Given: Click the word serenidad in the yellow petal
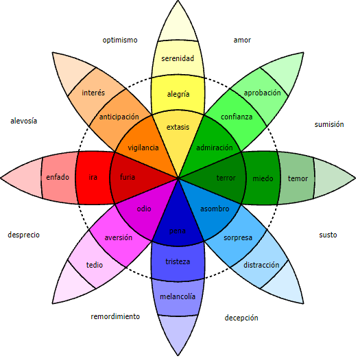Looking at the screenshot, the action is (x=178, y=58).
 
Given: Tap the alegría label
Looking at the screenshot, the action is (x=178, y=94).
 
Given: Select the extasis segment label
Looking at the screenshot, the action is (x=178, y=127).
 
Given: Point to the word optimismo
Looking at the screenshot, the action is (x=120, y=40).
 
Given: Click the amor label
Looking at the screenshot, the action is (x=242, y=40).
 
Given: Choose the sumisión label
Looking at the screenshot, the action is (x=329, y=124).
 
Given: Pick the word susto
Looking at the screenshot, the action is (x=328, y=235).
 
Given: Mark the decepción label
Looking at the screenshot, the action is (x=241, y=318).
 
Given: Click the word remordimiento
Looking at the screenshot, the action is (x=115, y=316).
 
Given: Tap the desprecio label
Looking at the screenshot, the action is (x=23, y=235).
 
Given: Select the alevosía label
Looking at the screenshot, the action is (x=23, y=121).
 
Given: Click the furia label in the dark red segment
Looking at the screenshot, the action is (x=128, y=177).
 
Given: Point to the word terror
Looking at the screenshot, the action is (x=226, y=178).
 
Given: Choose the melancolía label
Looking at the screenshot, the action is (x=178, y=296).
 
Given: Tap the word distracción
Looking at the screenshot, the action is (x=261, y=265).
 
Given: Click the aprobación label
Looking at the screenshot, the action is (x=262, y=93).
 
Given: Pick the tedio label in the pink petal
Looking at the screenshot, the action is (x=95, y=265).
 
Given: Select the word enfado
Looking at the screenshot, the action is (x=58, y=177).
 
